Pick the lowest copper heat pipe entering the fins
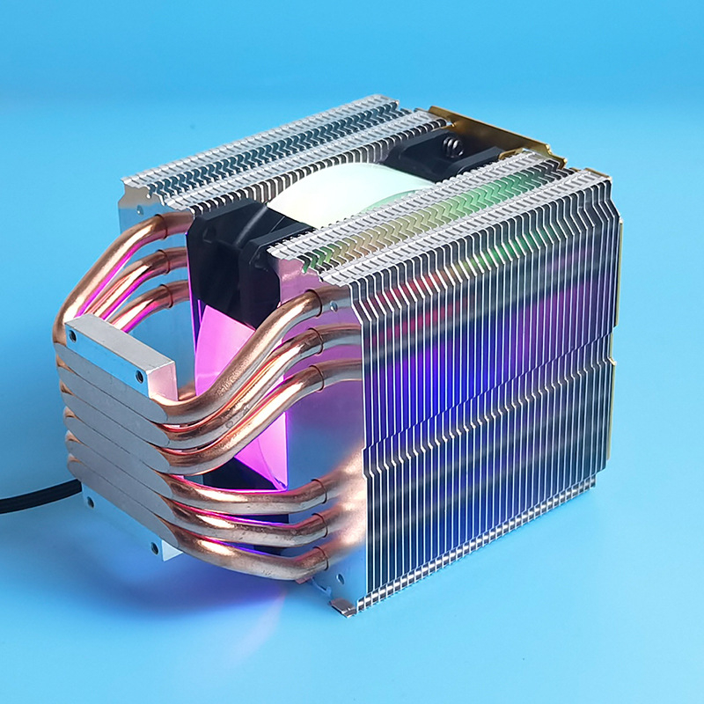pos(264,563)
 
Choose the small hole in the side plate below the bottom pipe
pos(338,580)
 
